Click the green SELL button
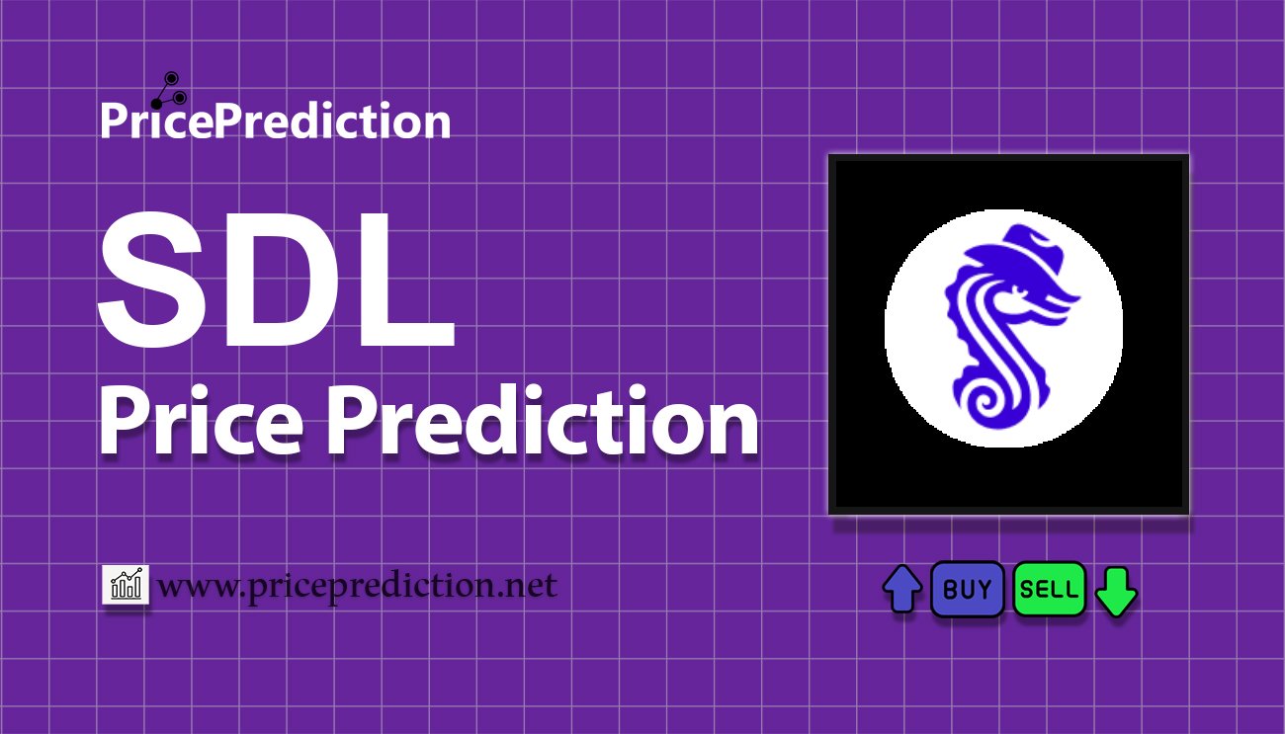1049,590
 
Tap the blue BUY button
967,590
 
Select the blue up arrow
901,590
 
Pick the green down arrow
1116,591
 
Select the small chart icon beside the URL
126,586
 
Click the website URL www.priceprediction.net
357,587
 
